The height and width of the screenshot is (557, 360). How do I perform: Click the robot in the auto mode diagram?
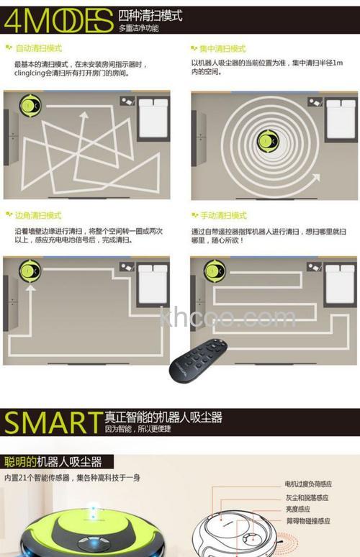(x=30, y=107)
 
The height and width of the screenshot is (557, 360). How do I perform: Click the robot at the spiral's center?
(x=264, y=141)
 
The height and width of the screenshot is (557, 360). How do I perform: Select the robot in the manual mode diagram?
(x=214, y=271)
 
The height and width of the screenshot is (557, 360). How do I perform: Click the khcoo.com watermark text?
(x=228, y=317)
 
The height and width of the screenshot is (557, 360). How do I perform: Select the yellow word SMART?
(x=52, y=422)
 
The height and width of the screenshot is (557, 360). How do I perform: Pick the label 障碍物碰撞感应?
(x=307, y=520)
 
